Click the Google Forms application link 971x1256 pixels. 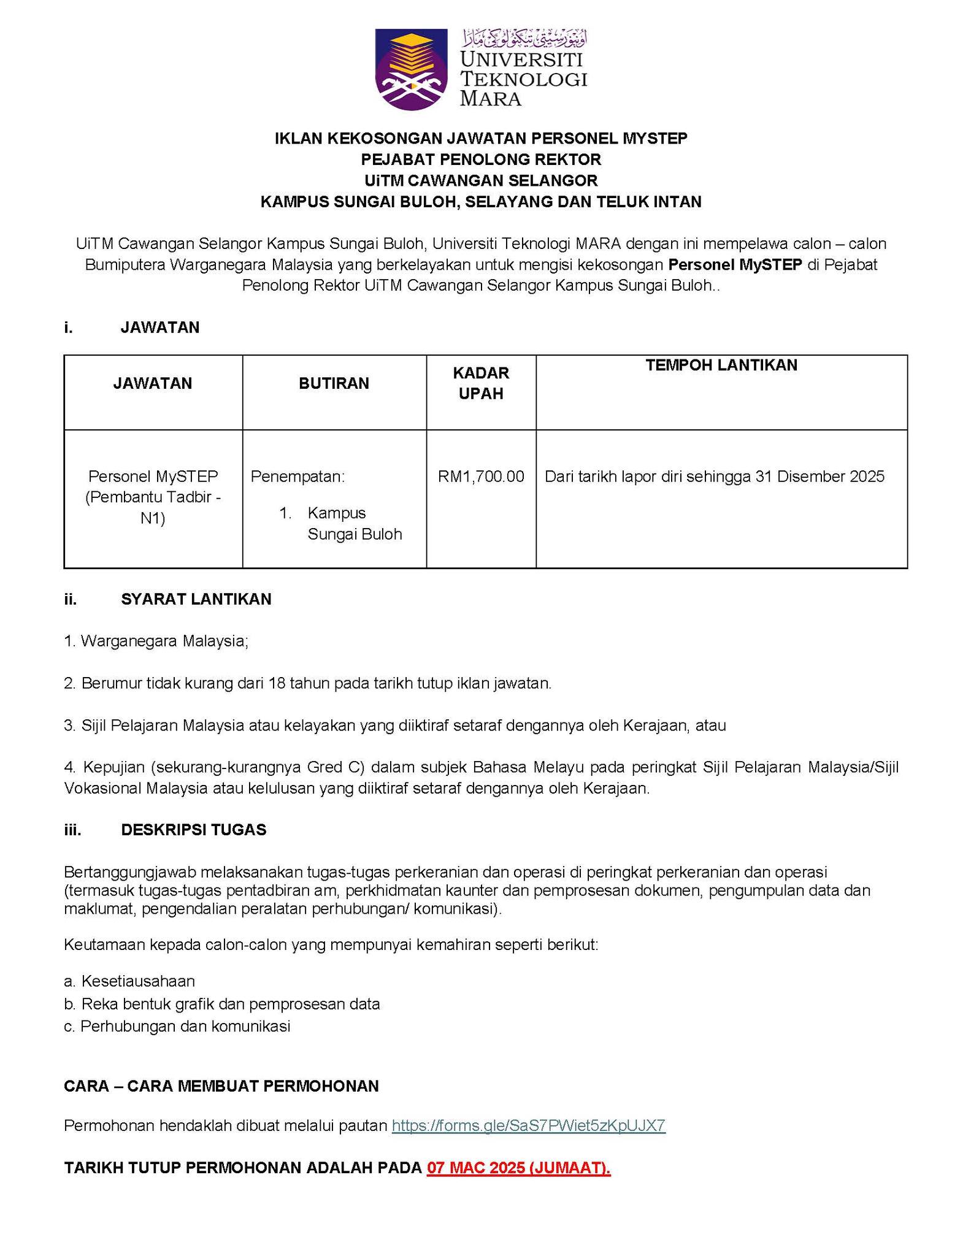pyautogui.click(x=528, y=1125)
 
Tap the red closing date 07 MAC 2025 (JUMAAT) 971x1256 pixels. pyautogui.click(x=519, y=1168)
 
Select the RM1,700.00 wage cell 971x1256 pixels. pyautogui.click(x=481, y=477)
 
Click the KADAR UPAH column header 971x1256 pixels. pyautogui.click(x=481, y=383)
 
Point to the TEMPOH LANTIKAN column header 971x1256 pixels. pyautogui.click(x=721, y=366)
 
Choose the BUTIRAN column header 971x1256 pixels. pyautogui.click(x=334, y=383)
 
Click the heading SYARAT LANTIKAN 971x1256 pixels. pyautogui.click(x=196, y=599)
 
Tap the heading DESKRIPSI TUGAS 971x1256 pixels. pyautogui.click(x=193, y=830)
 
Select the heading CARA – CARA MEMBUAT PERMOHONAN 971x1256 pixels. pyautogui.click(x=221, y=1086)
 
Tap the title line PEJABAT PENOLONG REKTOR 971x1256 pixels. pyautogui.click(x=481, y=159)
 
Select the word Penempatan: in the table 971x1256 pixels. pyautogui.click(x=297, y=477)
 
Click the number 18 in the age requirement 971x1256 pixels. pyautogui.click(x=277, y=683)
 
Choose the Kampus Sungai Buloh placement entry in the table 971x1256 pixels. pyautogui.click(x=355, y=523)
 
